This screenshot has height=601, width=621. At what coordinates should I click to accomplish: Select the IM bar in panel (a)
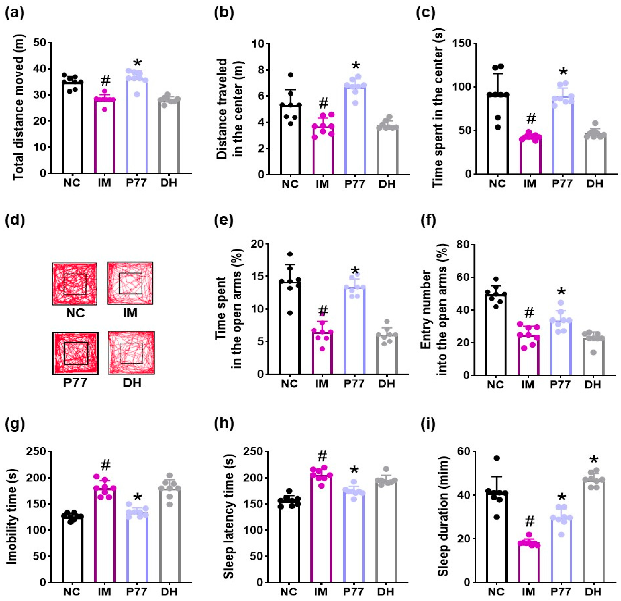click(x=105, y=136)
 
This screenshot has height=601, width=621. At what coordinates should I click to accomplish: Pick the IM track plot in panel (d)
click(x=130, y=283)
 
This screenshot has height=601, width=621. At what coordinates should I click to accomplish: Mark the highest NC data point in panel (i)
click(x=496, y=458)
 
